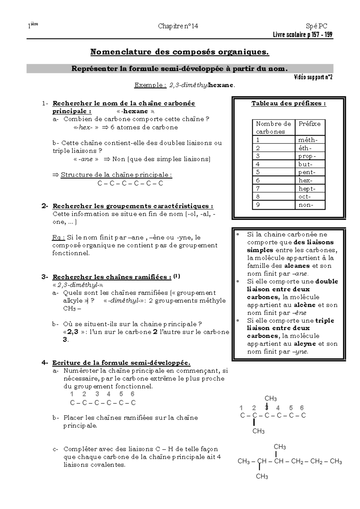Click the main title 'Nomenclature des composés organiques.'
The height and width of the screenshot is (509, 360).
pyautogui.click(x=180, y=52)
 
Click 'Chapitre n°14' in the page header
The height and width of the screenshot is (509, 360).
pyautogui.click(x=178, y=26)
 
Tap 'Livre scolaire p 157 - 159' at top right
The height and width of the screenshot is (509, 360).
pyautogui.click(x=302, y=35)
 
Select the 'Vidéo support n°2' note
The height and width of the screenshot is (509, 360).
pyautogui.click(x=313, y=77)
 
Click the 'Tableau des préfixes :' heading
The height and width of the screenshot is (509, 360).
pyautogui.click(x=289, y=104)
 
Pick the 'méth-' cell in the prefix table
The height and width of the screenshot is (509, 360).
pyautogui.click(x=307, y=140)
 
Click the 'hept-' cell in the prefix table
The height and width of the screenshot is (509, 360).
pyautogui.click(x=307, y=188)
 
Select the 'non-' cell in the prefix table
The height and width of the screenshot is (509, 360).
pyautogui.click(x=306, y=205)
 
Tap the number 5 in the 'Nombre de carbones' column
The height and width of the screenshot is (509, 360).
pyautogui.click(x=258, y=172)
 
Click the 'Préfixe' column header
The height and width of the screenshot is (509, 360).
pyautogui.click(x=309, y=124)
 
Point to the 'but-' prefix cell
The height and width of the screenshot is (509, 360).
pyautogui.click(x=305, y=164)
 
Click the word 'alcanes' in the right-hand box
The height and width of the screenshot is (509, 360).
pyautogui.click(x=297, y=266)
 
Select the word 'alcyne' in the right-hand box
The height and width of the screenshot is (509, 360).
pyautogui.click(x=304, y=344)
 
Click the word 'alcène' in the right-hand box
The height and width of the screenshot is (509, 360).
pyautogui.click(x=304, y=305)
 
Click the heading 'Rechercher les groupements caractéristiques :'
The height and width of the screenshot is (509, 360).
pyautogui.click(x=133, y=206)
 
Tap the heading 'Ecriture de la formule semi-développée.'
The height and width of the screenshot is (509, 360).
pyautogui.click(x=121, y=363)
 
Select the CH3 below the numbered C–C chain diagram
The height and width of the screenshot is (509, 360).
pyautogui.click(x=258, y=431)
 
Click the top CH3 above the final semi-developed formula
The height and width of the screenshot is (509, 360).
pyautogui.click(x=280, y=447)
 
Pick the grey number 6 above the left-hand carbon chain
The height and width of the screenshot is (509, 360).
pyautogui.click(x=132, y=394)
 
